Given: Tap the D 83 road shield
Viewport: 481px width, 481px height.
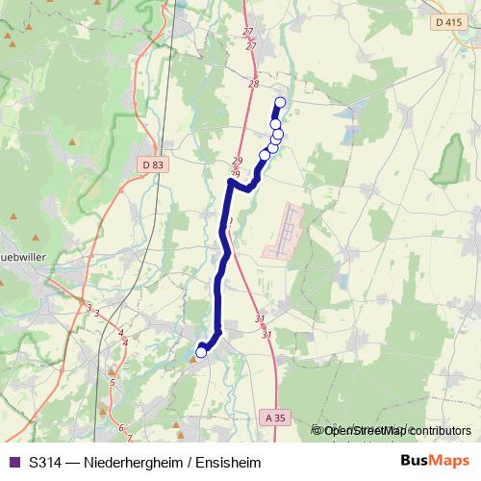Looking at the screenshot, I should pyautogui.click(x=152, y=165).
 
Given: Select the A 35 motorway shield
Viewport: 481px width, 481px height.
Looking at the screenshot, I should pyautogui.click(x=272, y=418).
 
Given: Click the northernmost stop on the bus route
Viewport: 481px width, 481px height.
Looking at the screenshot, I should pyautogui.click(x=281, y=103).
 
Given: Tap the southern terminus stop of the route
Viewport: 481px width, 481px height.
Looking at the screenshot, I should pyautogui.click(x=201, y=352).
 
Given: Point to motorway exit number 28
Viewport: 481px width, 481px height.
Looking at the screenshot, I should pyautogui.click(x=253, y=85).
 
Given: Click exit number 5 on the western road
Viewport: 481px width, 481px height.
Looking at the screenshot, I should pyautogui.click(x=113, y=383).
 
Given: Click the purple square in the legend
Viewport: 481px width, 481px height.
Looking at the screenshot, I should pyautogui.click(x=13, y=463).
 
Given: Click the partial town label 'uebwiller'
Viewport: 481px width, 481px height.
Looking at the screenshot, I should pyautogui.click(x=18, y=257).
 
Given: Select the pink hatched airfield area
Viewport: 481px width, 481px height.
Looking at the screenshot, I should pyautogui.click(x=284, y=231).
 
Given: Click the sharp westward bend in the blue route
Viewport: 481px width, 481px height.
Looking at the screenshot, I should pyautogui.click(x=231, y=181).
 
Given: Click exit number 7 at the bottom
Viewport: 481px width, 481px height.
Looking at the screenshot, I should pyautogui.click(x=129, y=439).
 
